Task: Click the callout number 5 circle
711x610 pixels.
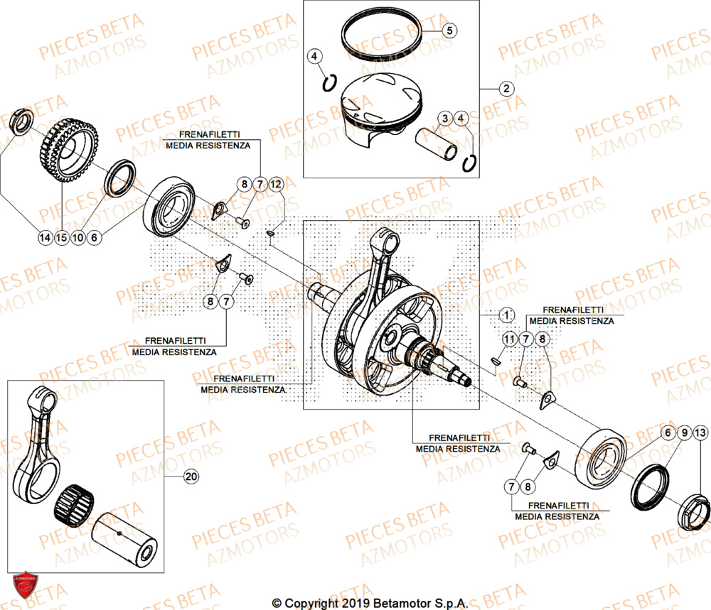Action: pyautogui.click(x=449, y=31)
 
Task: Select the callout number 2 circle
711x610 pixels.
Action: pyautogui.click(x=506, y=89)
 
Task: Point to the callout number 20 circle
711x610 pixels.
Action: pyautogui.click(x=190, y=476)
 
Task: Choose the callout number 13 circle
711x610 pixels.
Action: pyautogui.click(x=700, y=432)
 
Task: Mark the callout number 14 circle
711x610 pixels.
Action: pyautogui.click(x=46, y=238)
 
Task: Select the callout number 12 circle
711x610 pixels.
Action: pyautogui.click(x=275, y=185)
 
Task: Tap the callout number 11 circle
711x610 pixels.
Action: pyautogui.click(x=508, y=339)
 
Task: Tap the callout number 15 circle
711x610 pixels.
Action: pyautogui.click(x=62, y=238)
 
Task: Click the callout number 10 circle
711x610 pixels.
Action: pyautogui.click(x=77, y=238)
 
